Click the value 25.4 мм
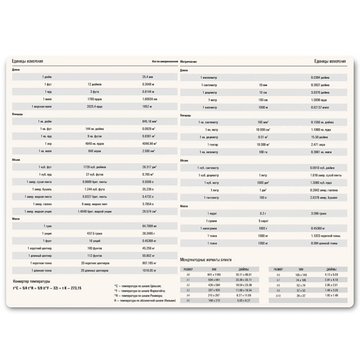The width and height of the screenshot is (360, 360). (x=147, y=77)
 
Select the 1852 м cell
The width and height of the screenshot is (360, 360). (x=147, y=106)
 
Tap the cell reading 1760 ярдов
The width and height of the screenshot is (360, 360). (x=95, y=99)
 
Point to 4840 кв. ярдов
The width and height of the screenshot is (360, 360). (x=95, y=144)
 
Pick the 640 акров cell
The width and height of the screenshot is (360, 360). (x=95, y=151)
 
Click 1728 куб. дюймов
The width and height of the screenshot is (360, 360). (x=95, y=167)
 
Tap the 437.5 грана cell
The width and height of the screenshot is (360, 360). (x=95, y=233)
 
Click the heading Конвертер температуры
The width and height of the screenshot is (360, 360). (x=32, y=281)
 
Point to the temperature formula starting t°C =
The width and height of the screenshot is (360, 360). (x=47, y=288)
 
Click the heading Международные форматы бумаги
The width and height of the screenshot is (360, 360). (x=205, y=259)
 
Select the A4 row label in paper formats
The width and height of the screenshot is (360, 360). (x=188, y=295)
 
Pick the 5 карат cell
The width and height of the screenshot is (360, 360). (x=263, y=220)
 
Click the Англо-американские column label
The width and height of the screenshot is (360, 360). (x=165, y=62)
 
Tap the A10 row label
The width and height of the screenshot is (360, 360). (x=278, y=295)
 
